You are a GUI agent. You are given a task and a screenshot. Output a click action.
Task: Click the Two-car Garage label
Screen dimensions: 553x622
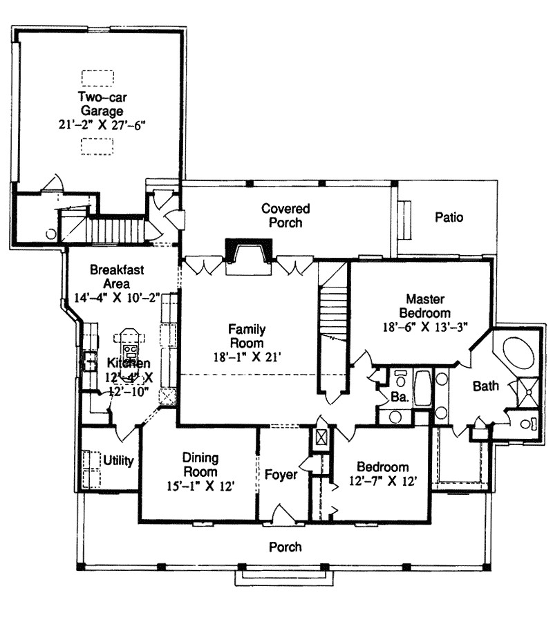point(102,104)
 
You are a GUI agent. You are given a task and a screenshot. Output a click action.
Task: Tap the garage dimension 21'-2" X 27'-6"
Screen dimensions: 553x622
point(102,125)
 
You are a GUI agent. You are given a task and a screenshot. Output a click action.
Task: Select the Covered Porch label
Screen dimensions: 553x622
point(285,216)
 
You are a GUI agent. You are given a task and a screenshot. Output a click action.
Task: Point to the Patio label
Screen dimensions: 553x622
point(449,217)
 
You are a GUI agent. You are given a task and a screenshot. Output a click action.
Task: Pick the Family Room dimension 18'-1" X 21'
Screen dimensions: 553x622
point(247,357)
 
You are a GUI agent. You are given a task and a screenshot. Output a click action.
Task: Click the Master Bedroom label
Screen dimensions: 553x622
point(425,306)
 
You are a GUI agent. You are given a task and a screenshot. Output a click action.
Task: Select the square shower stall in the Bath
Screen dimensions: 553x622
point(528,393)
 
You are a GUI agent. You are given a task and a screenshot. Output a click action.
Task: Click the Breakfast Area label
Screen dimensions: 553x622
point(117,276)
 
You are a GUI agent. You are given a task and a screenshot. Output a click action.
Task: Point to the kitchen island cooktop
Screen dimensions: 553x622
point(130,352)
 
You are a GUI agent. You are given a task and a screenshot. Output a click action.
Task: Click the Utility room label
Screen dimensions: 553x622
point(118,460)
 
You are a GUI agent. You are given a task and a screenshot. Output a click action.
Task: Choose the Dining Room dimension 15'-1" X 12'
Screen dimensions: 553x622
point(200,486)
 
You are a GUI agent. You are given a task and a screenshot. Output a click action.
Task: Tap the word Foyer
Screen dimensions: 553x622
point(281,474)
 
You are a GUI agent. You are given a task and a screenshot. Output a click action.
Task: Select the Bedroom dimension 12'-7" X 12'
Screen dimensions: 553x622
point(383,481)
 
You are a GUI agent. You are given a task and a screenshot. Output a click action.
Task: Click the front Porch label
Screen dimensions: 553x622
point(285,547)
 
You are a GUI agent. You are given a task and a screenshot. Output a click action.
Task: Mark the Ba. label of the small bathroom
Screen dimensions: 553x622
point(400,397)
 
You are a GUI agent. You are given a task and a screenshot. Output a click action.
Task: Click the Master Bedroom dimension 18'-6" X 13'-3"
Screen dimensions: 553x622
point(425,328)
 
